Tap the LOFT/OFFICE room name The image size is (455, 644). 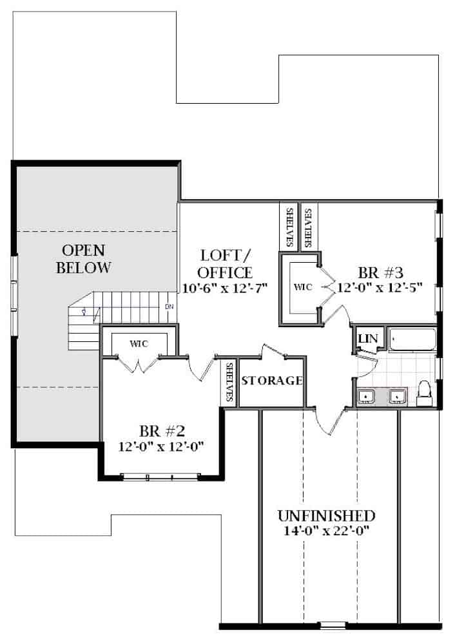pos(226,264)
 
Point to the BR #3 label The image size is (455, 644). pos(379,271)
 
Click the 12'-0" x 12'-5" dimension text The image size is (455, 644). pos(379,287)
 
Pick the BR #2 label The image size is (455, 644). pos(162,430)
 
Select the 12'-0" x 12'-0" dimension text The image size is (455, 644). pos(162,446)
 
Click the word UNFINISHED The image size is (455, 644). pos(326,516)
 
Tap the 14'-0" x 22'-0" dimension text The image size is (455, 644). pos(326,531)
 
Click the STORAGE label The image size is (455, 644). pos(271,381)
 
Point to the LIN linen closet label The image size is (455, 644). pos(368,338)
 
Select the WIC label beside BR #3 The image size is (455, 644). pos(302,287)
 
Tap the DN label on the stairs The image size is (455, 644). pos(169,307)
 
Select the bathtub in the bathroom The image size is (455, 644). pos(412,340)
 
